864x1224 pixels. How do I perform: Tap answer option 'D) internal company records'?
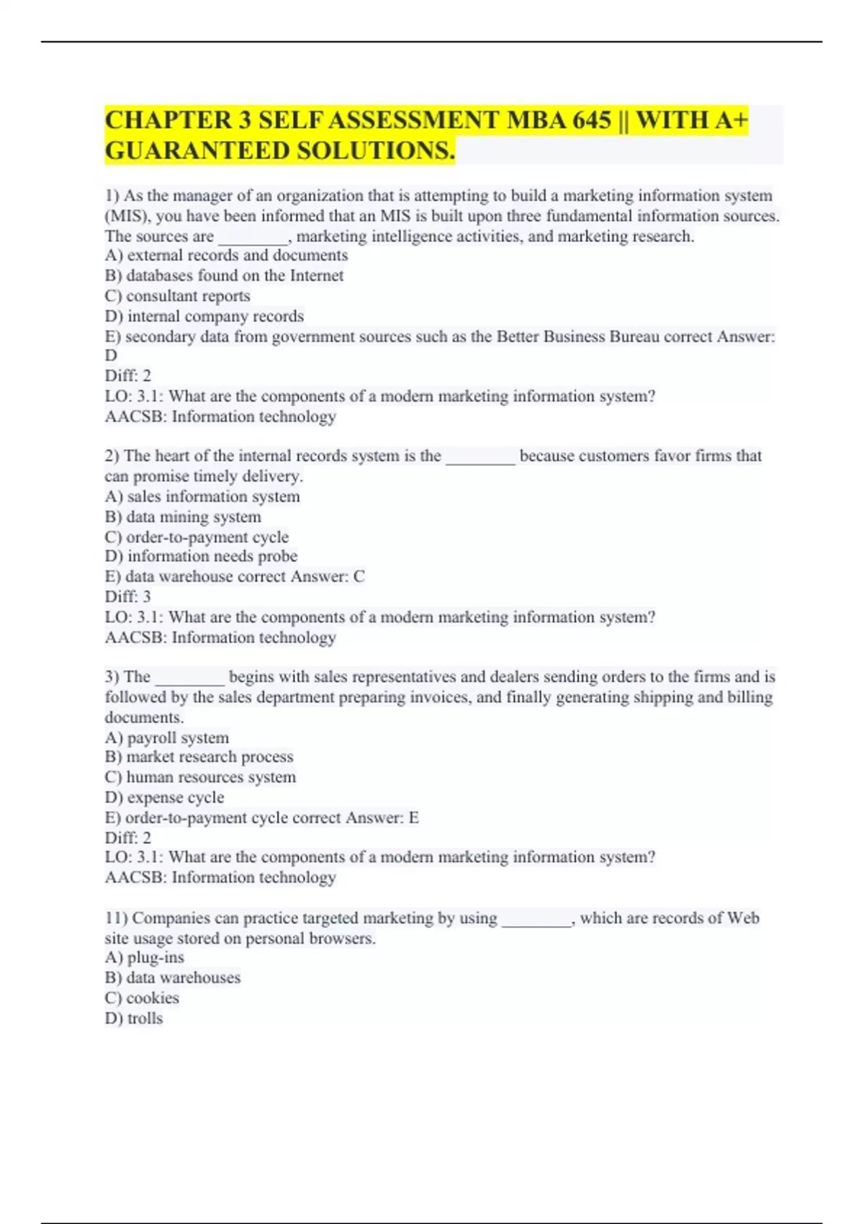click(x=204, y=316)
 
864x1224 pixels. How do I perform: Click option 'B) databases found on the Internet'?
click(x=224, y=276)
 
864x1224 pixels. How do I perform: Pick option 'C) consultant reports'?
click(x=178, y=296)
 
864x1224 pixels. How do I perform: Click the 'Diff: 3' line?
click(x=128, y=597)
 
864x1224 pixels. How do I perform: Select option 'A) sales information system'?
click(x=202, y=497)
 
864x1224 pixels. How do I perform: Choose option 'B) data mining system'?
click(x=183, y=517)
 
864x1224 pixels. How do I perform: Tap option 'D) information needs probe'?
click(x=201, y=557)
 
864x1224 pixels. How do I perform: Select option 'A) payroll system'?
click(x=167, y=738)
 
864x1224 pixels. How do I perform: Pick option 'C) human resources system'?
click(x=200, y=778)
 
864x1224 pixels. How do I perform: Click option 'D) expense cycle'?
click(x=164, y=798)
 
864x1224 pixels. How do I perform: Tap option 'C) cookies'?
click(x=142, y=999)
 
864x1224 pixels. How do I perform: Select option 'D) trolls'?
click(x=134, y=1019)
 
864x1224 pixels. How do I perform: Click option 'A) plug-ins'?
click(x=145, y=958)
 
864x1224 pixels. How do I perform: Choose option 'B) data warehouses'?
click(x=173, y=978)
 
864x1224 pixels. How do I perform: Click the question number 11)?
click(x=116, y=918)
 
